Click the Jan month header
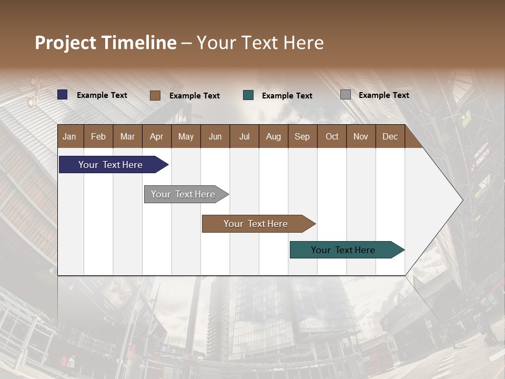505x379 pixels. point(69,136)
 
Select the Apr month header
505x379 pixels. point(156,136)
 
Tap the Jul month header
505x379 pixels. point(244,136)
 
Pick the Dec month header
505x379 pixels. point(390,136)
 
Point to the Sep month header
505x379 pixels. point(302,136)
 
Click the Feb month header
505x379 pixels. point(98,136)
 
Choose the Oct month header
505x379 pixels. point(332,136)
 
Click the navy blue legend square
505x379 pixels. point(63,95)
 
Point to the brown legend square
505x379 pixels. point(155,95)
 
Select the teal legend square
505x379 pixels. point(248,95)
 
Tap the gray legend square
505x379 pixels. point(346,95)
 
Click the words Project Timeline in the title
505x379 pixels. point(106,43)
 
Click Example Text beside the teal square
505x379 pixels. point(287,96)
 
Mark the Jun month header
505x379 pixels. point(215,136)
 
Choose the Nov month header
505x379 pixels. point(361,136)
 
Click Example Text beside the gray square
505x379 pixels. point(384,95)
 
